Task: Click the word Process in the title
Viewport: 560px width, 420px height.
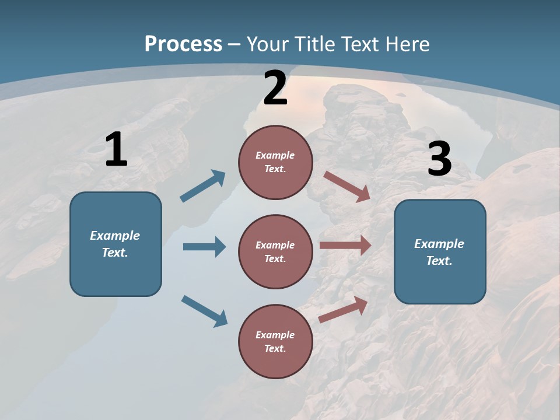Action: click(183, 44)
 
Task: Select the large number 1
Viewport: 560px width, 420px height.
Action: click(116, 150)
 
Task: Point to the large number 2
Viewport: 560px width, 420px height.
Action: click(275, 89)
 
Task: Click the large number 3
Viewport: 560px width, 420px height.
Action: click(439, 159)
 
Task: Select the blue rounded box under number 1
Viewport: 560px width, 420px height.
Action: click(116, 244)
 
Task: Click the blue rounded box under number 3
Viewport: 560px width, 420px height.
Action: click(440, 251)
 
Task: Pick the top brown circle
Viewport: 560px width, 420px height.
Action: click(275, 162)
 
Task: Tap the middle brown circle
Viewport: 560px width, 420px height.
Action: click(275, 251)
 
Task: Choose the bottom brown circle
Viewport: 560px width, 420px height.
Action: click(275, 341)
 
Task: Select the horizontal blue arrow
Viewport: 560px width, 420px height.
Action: click(204, 247)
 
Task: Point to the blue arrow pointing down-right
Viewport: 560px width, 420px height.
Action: click(204, 310)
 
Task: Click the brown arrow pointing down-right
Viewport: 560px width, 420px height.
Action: click(346, 186)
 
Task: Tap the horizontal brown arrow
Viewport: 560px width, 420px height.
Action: click(345, 246)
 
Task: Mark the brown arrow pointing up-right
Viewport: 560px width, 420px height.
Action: click(344, 309)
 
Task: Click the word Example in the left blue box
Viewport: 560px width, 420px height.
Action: click(115, 236)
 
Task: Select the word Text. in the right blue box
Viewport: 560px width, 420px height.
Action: click(439, 261)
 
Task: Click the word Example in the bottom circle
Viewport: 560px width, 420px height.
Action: click(275, 335)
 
